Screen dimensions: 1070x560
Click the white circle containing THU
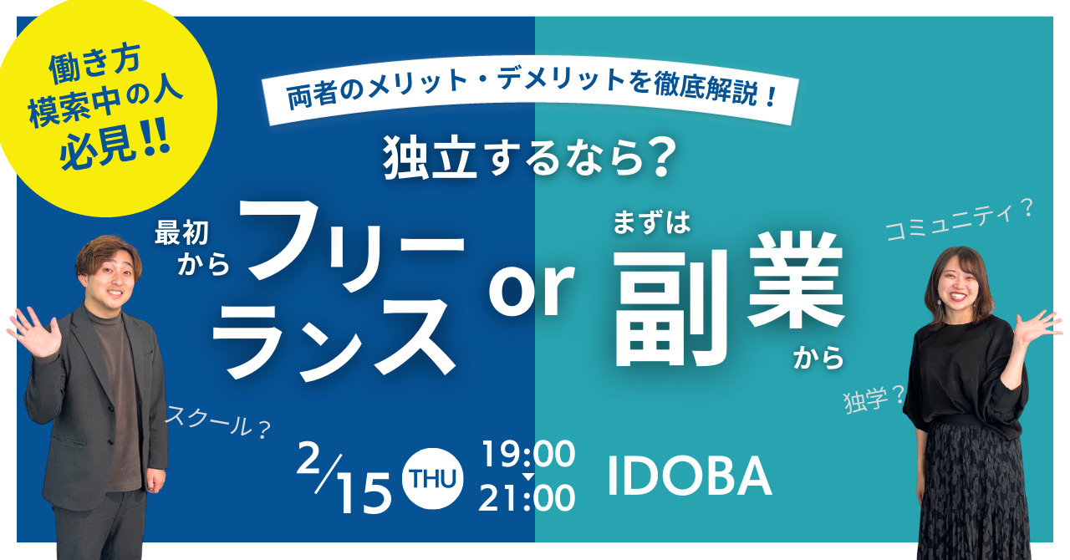click(432, 478)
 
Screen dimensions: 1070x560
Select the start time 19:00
click(528, 454)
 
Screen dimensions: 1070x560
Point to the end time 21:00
click(527, 498)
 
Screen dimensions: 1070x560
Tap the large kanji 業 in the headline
click(796, 281)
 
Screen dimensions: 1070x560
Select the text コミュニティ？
click(959, 221)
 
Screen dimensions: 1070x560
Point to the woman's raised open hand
click(1037, 326)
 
